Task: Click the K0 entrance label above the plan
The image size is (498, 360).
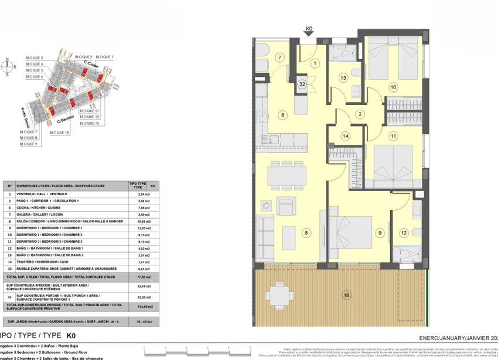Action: [309, 27]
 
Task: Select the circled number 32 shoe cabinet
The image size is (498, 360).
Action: [302, 84]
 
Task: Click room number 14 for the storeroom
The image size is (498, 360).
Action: [346, 136]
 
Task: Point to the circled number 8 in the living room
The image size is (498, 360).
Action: [305, 233]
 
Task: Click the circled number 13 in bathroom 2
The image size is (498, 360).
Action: [343, 77]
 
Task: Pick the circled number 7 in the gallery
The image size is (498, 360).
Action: [280, 57]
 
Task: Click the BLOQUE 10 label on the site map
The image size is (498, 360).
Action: [60, 133]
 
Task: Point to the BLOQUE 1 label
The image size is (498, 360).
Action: [104, 57]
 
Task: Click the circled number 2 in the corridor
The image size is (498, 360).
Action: [361, 114]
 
